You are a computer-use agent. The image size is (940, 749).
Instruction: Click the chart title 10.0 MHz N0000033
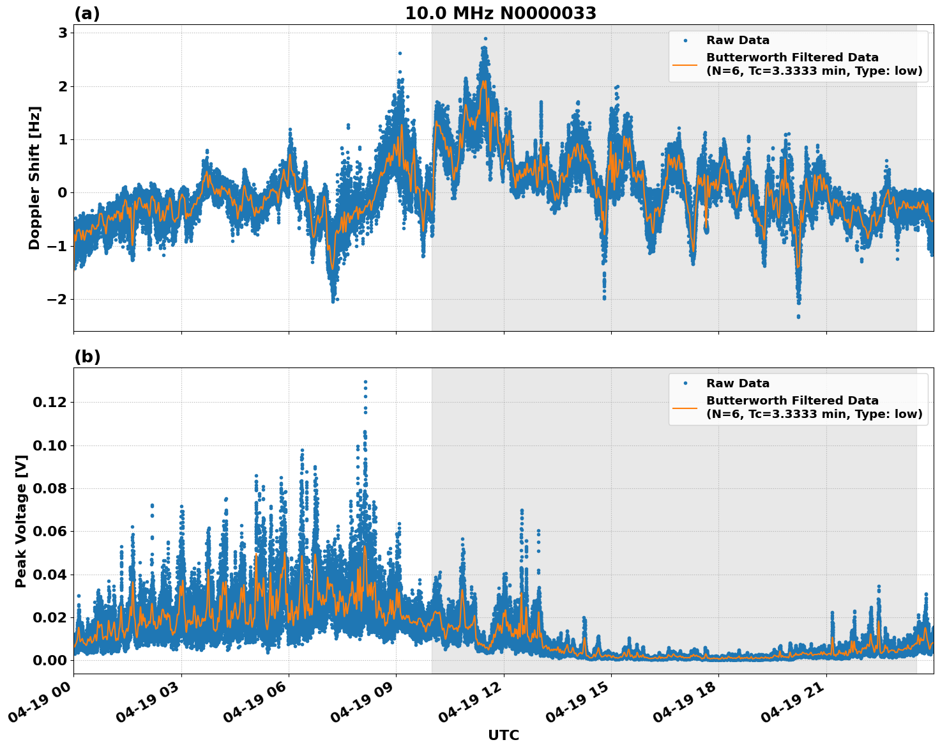[x=500, y=13]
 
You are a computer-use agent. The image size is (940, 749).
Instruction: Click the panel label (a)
[x=87, y=13]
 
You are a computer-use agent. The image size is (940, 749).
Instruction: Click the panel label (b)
[x=87, y=357]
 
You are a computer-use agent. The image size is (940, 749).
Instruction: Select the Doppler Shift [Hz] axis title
[x=34, y=178]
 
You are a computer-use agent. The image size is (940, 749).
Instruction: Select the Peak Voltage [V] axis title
[x=21, y=521]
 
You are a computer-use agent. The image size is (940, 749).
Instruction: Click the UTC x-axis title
[x=503, y=735]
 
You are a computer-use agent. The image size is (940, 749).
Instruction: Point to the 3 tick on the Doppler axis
[x=63, y=33]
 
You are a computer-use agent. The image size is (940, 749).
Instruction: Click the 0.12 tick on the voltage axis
[x=50, y=403]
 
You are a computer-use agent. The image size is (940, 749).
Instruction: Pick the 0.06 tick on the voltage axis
[x=50, y=532]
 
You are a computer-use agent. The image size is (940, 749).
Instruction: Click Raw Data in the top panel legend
[x=738, y=41]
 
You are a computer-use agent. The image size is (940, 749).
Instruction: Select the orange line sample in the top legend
[x=685, y=65]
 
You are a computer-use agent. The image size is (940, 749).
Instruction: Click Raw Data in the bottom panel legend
[x=738, y=384]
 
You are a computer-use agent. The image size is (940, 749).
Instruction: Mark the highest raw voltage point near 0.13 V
[x=365, y=382]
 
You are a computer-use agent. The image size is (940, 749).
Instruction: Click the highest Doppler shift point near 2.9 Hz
[x=485, y=39]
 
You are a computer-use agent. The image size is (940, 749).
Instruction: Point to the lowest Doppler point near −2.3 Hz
[x=798, y=316]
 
